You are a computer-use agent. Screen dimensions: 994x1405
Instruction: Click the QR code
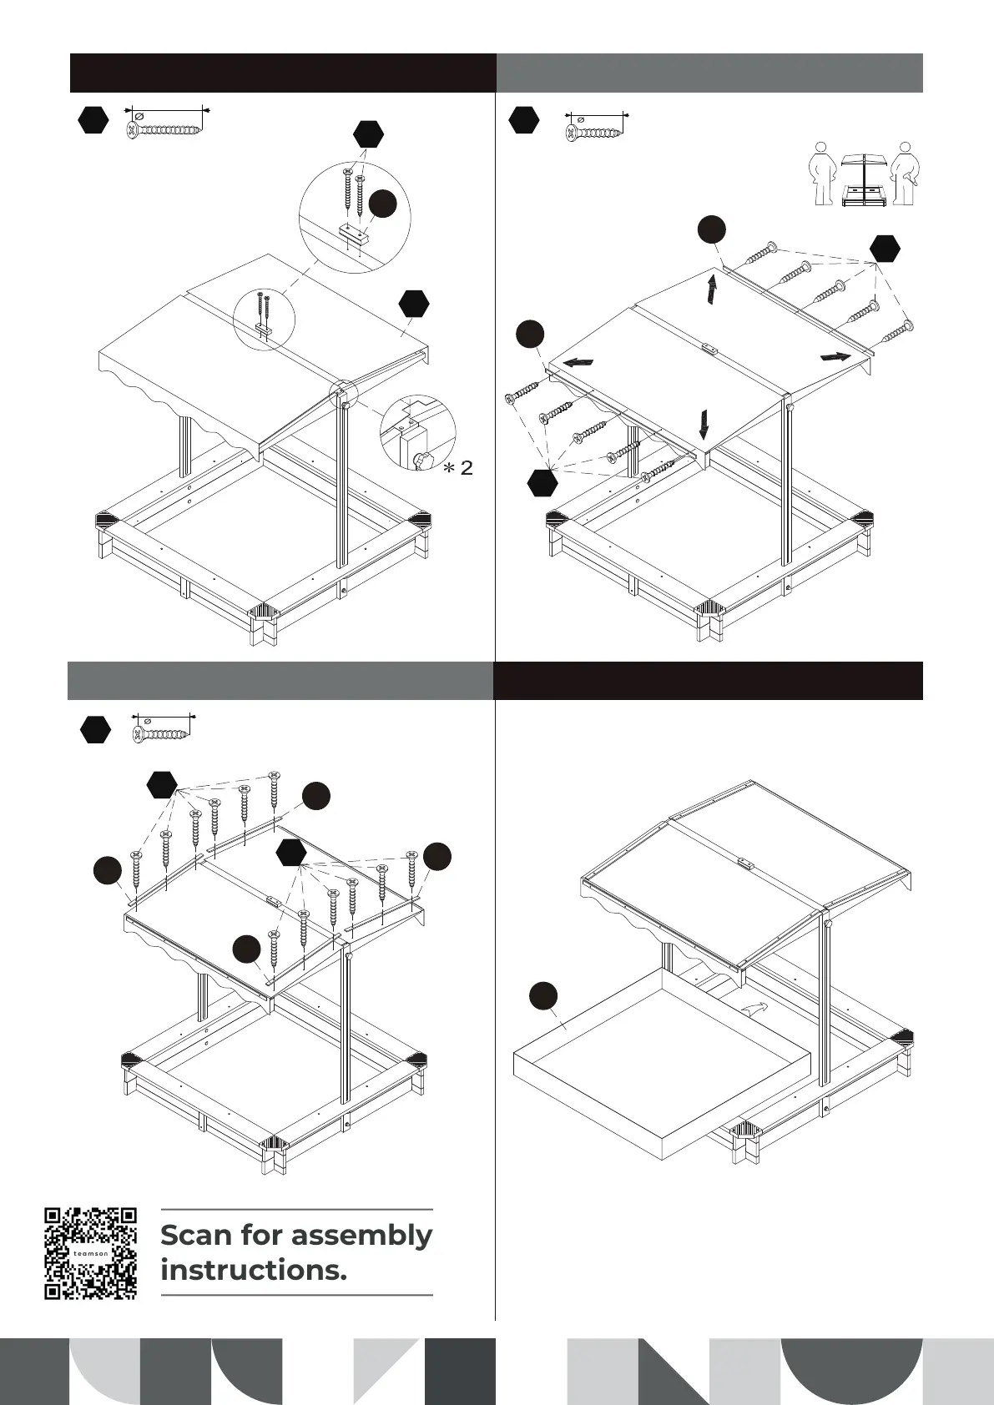point(90,1252)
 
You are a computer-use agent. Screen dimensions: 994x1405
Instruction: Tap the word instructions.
point(253,1271)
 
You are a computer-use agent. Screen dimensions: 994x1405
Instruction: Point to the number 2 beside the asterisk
point(466,468)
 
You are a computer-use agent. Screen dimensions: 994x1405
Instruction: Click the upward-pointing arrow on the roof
point(712,290)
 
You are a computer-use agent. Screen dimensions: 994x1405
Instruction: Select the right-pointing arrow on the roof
point(835,356)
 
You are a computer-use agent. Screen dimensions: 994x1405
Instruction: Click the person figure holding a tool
point(903,173)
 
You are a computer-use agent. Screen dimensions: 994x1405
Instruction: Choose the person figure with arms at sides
point(822,173)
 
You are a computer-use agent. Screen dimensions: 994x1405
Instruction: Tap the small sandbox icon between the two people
point(862,179)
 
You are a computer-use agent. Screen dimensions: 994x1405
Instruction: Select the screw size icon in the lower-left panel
point(163,729)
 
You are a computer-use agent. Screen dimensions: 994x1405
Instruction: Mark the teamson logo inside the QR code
point(90,1253)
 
